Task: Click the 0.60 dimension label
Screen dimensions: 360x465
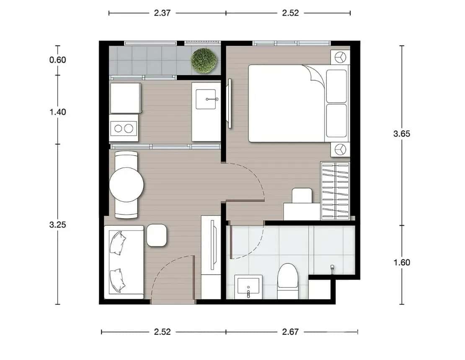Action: tap(58, 60)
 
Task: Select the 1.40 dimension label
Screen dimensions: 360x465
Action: tap(58, 112)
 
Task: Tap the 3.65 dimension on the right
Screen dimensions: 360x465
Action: tap(401, 134)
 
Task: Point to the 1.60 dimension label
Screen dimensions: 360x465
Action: tap(401, 263)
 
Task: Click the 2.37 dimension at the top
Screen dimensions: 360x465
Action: tap(162, 13)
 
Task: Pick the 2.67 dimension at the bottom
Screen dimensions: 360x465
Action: tap(290, 332)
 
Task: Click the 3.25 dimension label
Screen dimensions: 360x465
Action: tap(58, 224)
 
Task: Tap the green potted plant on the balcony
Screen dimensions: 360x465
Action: tap(204, 60)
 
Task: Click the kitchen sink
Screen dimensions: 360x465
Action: tap(206, 99)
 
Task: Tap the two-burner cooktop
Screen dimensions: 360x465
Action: tap(124, 128)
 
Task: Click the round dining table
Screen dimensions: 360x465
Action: tap(126, 184)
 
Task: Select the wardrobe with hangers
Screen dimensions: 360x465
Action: tap(335, 191)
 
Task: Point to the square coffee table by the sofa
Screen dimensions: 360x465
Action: tap(157, 235)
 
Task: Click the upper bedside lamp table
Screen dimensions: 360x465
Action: tap(340, 57)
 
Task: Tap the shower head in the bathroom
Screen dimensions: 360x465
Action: tap(332, 267)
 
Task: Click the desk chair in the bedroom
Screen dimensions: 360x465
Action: tap(302, 196)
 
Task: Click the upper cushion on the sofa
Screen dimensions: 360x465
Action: tap(118, 243)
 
